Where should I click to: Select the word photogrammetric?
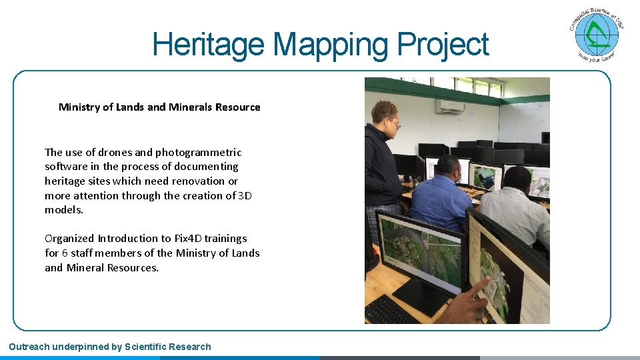(x=198, y=153)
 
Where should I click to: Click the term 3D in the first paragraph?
(x=245, y=196)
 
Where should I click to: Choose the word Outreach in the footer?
(x=27, y=347)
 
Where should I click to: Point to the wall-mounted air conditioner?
(x=450, y=106)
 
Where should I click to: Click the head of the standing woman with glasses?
(x=385, y=115)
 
